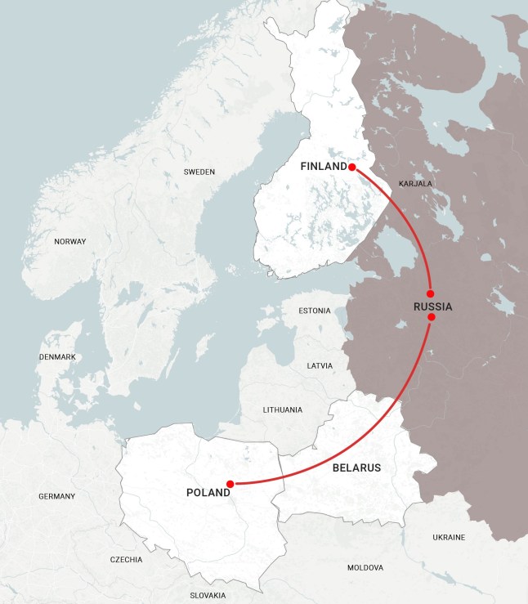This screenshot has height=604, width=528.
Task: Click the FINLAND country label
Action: (324, 167)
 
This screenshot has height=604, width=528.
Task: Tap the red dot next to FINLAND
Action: (351, 167)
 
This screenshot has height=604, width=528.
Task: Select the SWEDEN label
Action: (199, 172)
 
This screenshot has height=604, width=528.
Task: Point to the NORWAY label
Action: (69, 241)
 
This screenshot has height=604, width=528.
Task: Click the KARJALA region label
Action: (415, 184)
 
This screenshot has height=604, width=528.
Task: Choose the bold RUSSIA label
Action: (432, 306)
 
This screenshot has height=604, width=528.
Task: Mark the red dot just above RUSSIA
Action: (431, 293)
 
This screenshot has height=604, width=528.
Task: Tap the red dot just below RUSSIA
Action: (432, 317)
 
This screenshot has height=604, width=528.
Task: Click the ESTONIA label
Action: (315, 311)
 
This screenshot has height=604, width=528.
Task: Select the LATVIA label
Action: (319, 365)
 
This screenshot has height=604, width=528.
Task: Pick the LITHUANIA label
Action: (282, 409)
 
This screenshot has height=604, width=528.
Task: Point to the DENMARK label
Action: (57, 357)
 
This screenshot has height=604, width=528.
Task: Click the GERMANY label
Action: (56, 496)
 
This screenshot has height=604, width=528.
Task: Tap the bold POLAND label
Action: (208, 492)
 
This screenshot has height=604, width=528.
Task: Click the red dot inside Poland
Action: (230, 484)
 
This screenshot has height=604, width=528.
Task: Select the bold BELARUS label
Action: (357, 468)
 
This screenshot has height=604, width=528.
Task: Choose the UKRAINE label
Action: (448, 537)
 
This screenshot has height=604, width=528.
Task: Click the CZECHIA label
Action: (126, 560)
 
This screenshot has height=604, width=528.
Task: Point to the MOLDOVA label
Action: (365, 567)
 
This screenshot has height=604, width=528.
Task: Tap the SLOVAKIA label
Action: (208, 596)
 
